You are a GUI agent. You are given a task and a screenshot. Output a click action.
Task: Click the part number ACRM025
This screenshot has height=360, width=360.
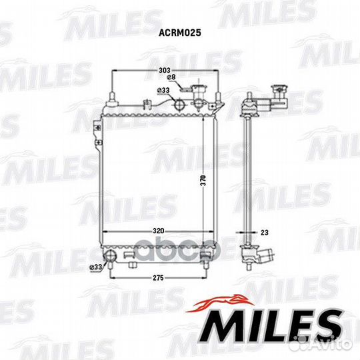coord(180,33)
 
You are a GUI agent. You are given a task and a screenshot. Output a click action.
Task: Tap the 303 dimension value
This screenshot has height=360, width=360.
coord(165,70)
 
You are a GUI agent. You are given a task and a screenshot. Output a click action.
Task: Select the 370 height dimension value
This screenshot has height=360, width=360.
coord(203,181)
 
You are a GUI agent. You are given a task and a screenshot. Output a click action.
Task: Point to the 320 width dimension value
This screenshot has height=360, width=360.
coord(159,231)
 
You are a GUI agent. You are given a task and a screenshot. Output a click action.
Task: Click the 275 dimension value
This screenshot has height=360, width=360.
coord(158,278)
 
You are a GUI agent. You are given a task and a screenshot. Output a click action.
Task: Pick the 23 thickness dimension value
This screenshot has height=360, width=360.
coord(265,233)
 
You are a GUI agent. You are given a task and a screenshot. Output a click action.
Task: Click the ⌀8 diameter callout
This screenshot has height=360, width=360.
coord(171,77)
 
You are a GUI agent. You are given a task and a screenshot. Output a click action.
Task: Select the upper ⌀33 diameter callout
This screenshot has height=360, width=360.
coord(163,91)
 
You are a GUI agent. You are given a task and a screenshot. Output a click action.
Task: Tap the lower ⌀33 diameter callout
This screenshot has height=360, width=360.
coord(95,267)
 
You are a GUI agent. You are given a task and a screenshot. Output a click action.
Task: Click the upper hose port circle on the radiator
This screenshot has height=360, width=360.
coord(179,105)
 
